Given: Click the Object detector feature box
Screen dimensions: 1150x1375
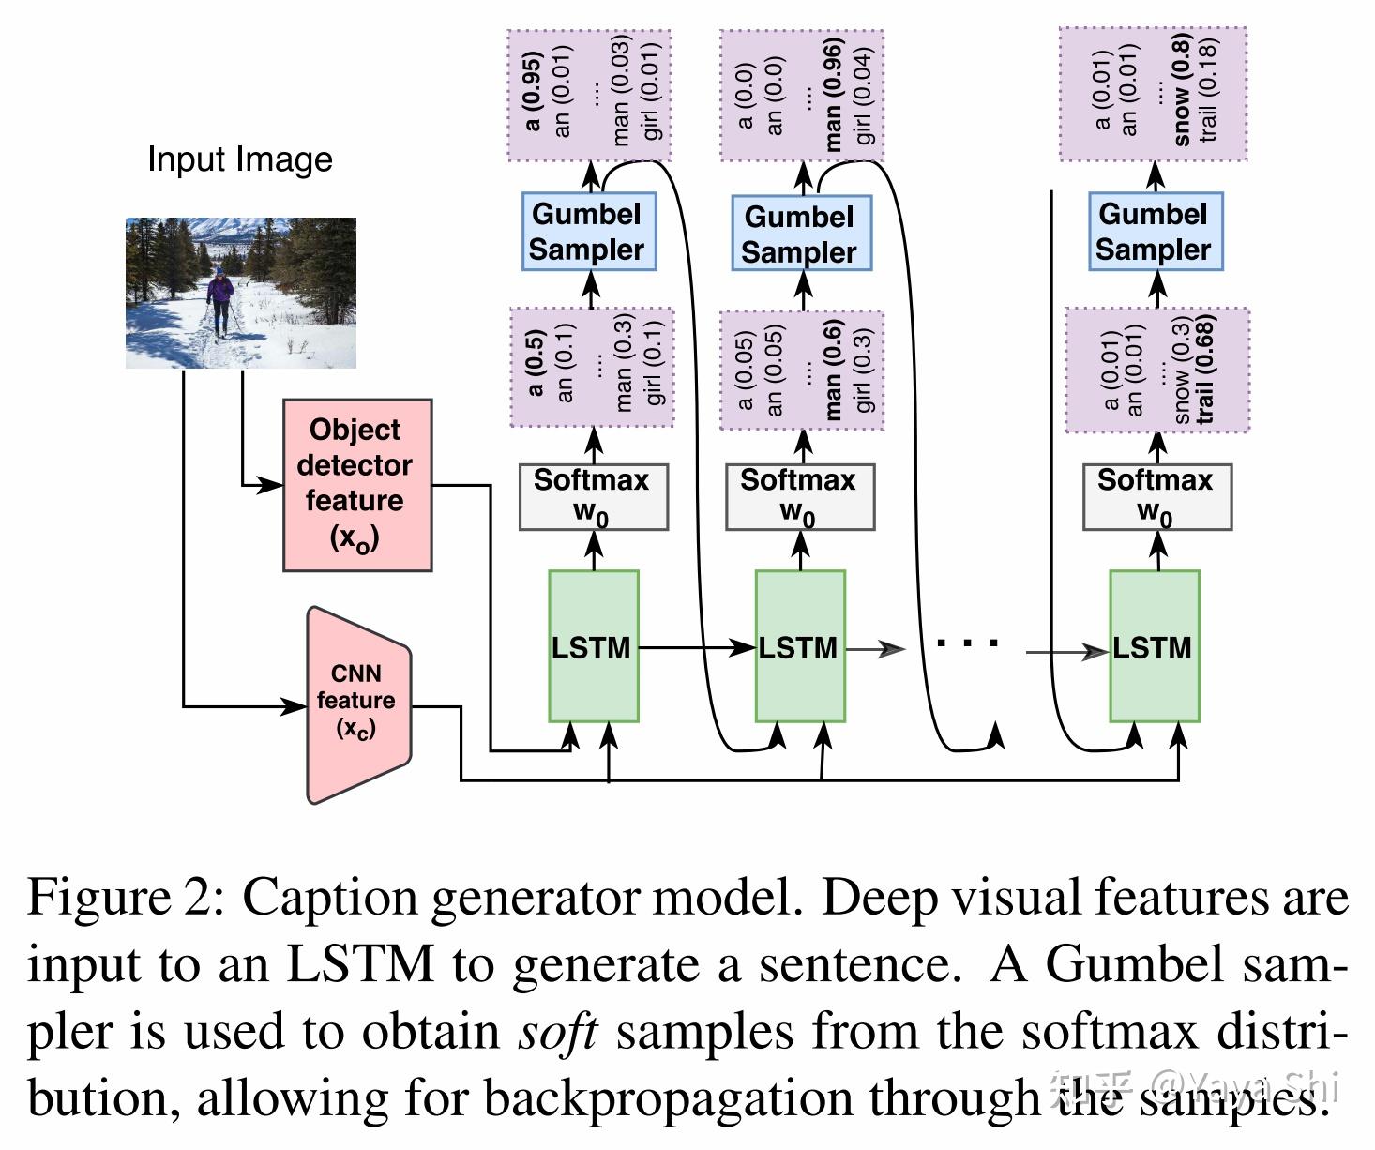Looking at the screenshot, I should click(x=357, y=485).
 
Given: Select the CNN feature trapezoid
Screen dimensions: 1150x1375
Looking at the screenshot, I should click(x=358, y=703).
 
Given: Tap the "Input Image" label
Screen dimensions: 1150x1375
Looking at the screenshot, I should click(x=240, y=159).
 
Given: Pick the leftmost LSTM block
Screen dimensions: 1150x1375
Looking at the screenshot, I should click(x=593, y=647).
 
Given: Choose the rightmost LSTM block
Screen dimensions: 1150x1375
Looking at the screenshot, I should click(x=1154, y=647).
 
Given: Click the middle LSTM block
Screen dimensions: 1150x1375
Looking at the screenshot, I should click(x=800, y=647).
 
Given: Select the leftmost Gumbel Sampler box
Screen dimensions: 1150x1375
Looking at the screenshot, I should click(x=588, y=232).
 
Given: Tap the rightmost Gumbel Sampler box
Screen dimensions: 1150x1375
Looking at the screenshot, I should click(x=1155, y=232).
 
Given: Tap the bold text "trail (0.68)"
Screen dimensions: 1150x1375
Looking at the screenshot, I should click(x=1206, y=370).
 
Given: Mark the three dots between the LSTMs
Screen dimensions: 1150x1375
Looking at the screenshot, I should click(x=968, y=644).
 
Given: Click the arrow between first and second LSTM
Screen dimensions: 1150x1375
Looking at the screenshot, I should click(x=698, y=647).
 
